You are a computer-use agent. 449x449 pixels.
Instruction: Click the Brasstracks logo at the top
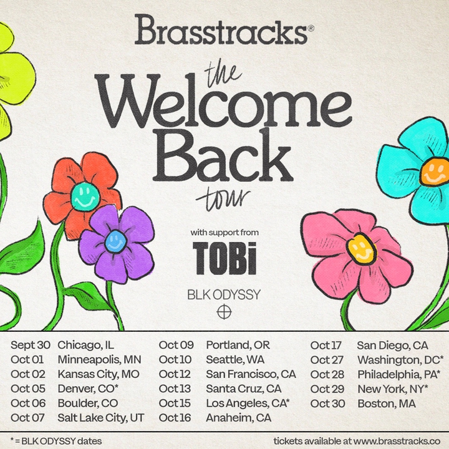[x=221, y=29]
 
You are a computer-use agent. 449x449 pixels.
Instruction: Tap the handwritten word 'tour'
[x=223, y=198]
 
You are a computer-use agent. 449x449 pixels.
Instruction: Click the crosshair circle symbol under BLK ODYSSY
[x=224, y=312]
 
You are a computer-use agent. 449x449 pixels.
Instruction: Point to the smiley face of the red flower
[x=85, y=197]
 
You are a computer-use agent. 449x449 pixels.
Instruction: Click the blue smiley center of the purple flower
[x=116, y=242]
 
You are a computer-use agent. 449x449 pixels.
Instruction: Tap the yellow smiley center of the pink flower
[x=361, y=249]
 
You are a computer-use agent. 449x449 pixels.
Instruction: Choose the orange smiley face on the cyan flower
[x=435, y=172]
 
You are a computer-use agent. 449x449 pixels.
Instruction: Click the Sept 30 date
[x=31, y=345]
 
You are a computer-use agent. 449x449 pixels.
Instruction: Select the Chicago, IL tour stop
[x=85, y=345]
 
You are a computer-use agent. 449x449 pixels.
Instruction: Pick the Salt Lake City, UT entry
[x=101, y=418]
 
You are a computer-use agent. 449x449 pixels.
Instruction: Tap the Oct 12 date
[x=175, y=374]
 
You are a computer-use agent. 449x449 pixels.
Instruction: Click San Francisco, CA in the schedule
[x=251, y=375]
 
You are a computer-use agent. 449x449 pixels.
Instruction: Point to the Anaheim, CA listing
[x=238, y=418]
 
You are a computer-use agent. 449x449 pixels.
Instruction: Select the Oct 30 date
[x=327, y=403]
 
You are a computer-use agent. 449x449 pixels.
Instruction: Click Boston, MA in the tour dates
[x=387, y=403]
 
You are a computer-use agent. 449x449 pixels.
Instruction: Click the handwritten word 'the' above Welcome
[x=224, y=75]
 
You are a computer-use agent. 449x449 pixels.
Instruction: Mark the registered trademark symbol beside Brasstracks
[x=311, y=28]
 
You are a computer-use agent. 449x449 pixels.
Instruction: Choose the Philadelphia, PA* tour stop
[x=399, y=375]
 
